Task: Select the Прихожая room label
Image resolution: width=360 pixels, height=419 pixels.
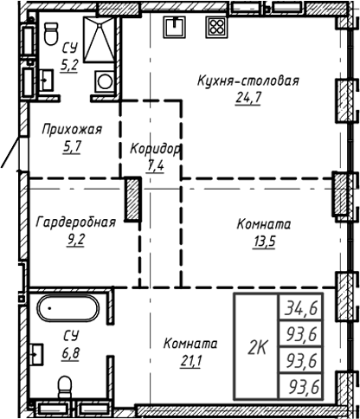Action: point(72,130)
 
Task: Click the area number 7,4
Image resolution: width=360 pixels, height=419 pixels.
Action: point(155,164)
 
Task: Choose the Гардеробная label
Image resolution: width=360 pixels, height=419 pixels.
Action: point(75,222)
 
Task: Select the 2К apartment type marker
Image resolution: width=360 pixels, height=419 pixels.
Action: point(257,347)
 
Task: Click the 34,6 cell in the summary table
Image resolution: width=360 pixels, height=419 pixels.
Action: point(299,307)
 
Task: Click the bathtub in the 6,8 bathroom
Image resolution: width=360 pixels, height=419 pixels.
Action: point(67,308)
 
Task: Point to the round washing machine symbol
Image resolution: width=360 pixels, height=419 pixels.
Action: point(105,82)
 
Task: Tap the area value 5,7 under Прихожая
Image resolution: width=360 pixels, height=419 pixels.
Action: point(72,146)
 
